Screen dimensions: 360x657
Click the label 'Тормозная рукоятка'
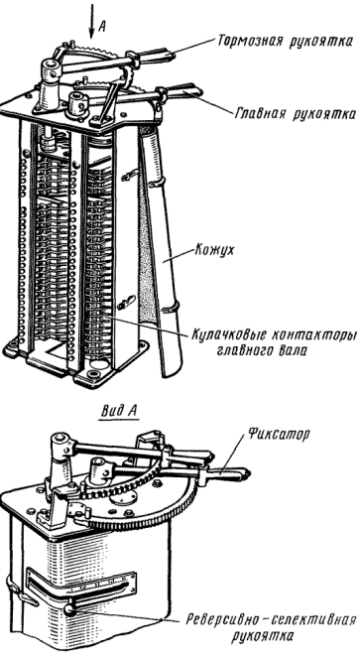[x=286, y=42]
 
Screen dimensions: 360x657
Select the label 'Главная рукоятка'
[x=296, y=113]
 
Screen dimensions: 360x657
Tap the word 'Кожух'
[x=214, y=250]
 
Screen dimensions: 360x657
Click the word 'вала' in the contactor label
[x=293, y=351]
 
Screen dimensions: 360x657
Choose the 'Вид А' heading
[x=120, y=411]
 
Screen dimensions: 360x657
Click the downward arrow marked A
[x=91, y=20]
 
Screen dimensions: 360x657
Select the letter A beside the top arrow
[x=102, y=28]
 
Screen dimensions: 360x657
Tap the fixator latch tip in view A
[x=246, y=474]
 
